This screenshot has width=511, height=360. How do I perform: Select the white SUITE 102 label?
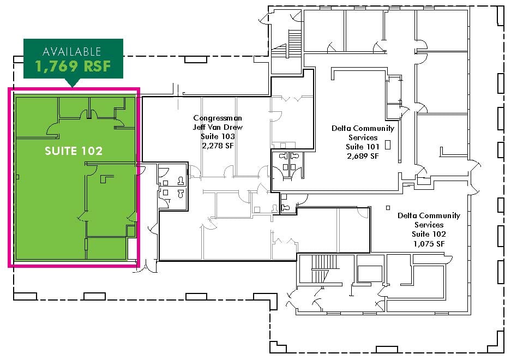tap(74, 151)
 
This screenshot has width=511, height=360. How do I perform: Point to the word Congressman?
tap(218, 118)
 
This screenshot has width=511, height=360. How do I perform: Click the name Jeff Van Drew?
tap(218, 127)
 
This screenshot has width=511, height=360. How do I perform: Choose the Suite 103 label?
tap(218, 136)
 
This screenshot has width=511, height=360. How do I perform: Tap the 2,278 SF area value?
tap(218, 146)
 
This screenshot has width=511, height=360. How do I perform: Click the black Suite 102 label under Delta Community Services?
tap(429, 234)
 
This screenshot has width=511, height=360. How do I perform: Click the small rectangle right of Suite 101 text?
tap(388, 145)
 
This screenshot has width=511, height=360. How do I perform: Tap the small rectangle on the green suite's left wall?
tap(18, 177)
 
